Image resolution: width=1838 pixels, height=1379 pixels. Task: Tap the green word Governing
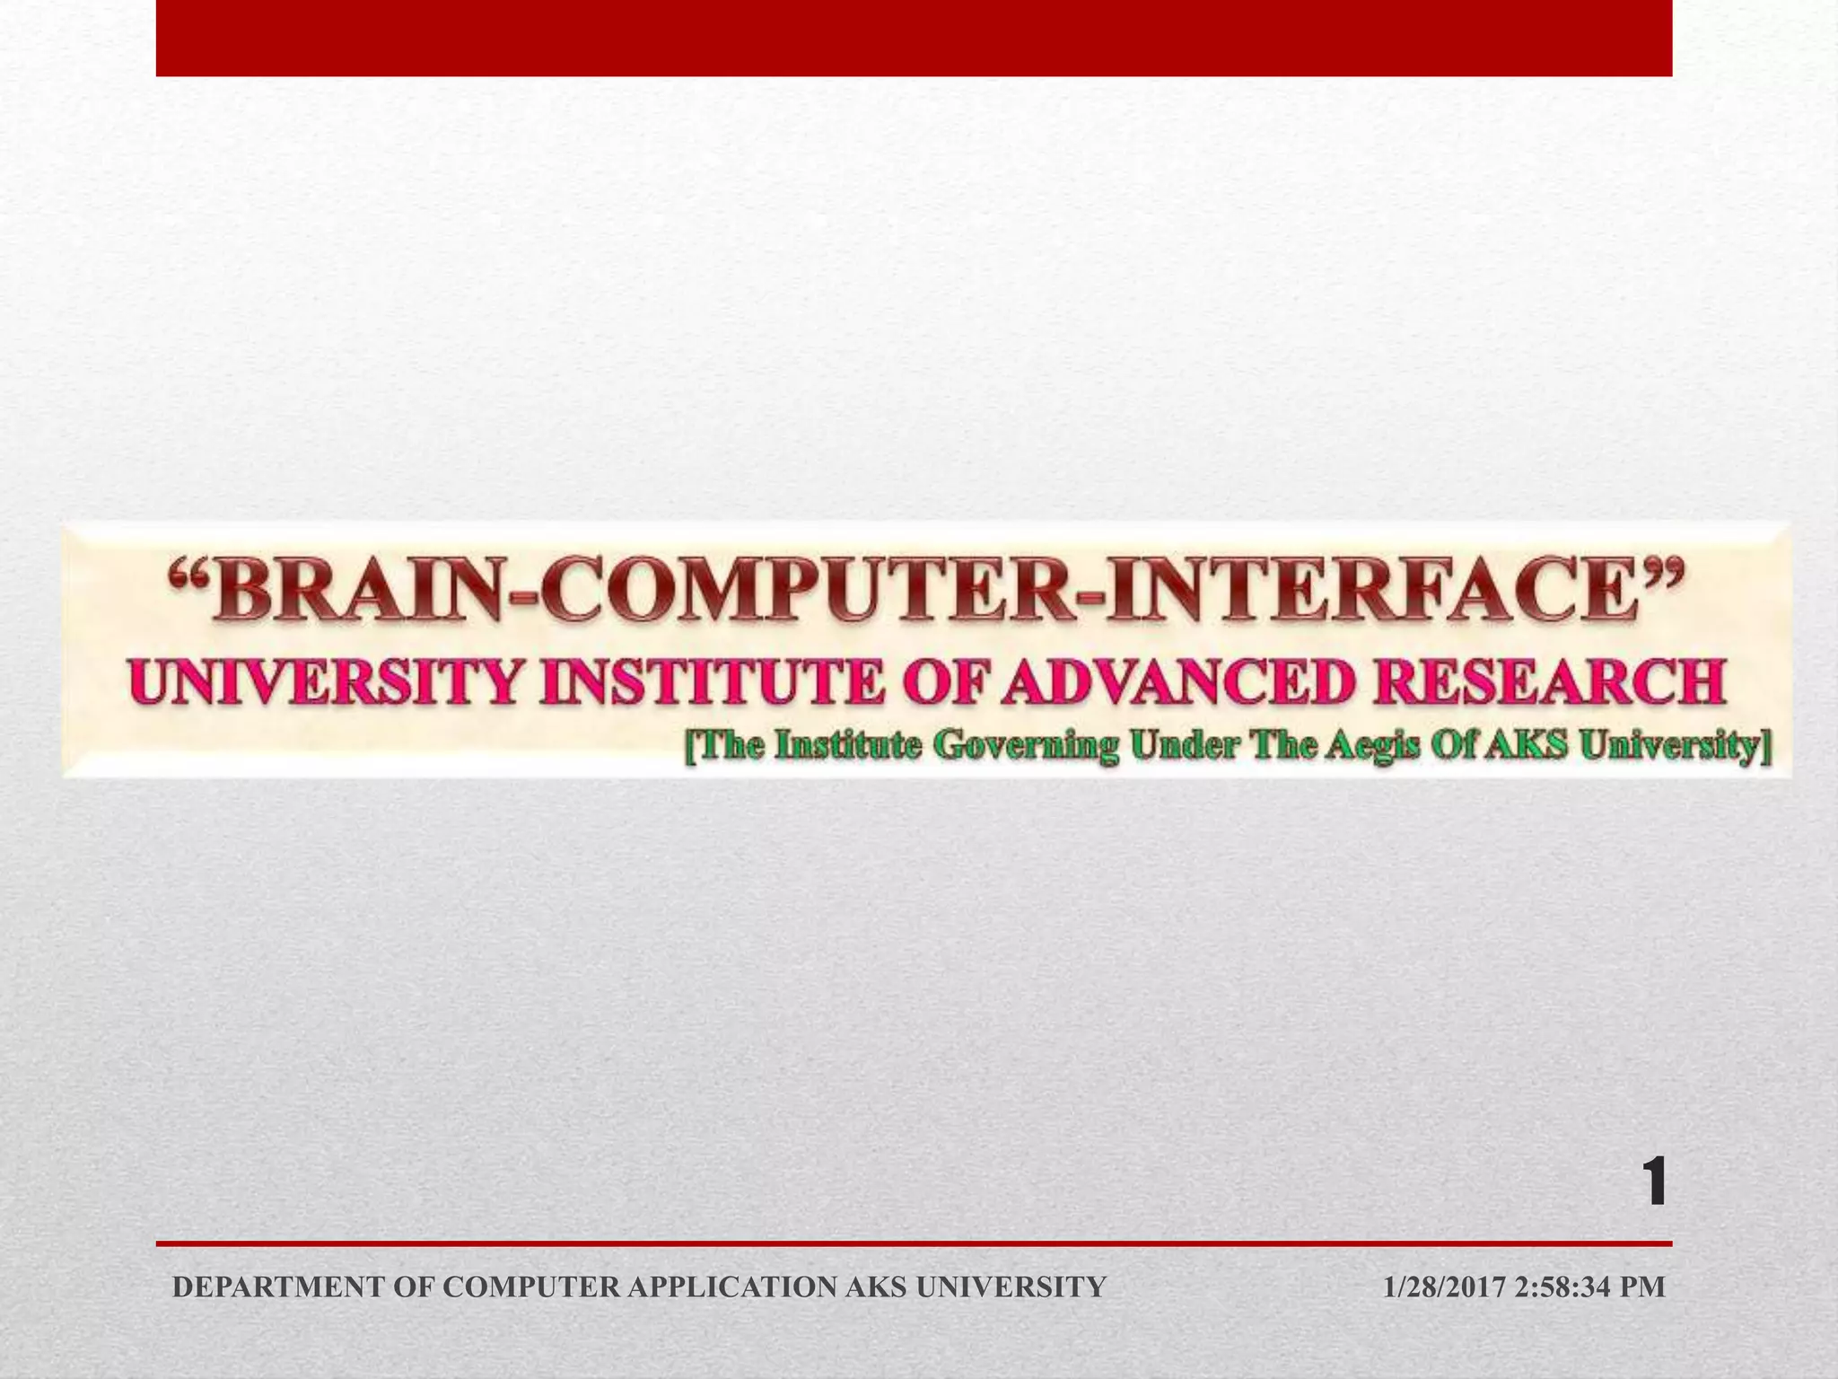(1027, 746)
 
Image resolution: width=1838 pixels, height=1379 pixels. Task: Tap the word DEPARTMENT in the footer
(279, 1287)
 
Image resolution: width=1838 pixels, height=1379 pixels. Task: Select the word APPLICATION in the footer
(731, 1287)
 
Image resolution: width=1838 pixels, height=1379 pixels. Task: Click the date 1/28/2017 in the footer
(1443, 1287)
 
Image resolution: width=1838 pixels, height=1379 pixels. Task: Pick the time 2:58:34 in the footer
(1563, 1287)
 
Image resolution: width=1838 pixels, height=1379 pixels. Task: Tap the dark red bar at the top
(914, 38)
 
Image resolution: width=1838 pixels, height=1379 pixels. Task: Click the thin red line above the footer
(914, 1244)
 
